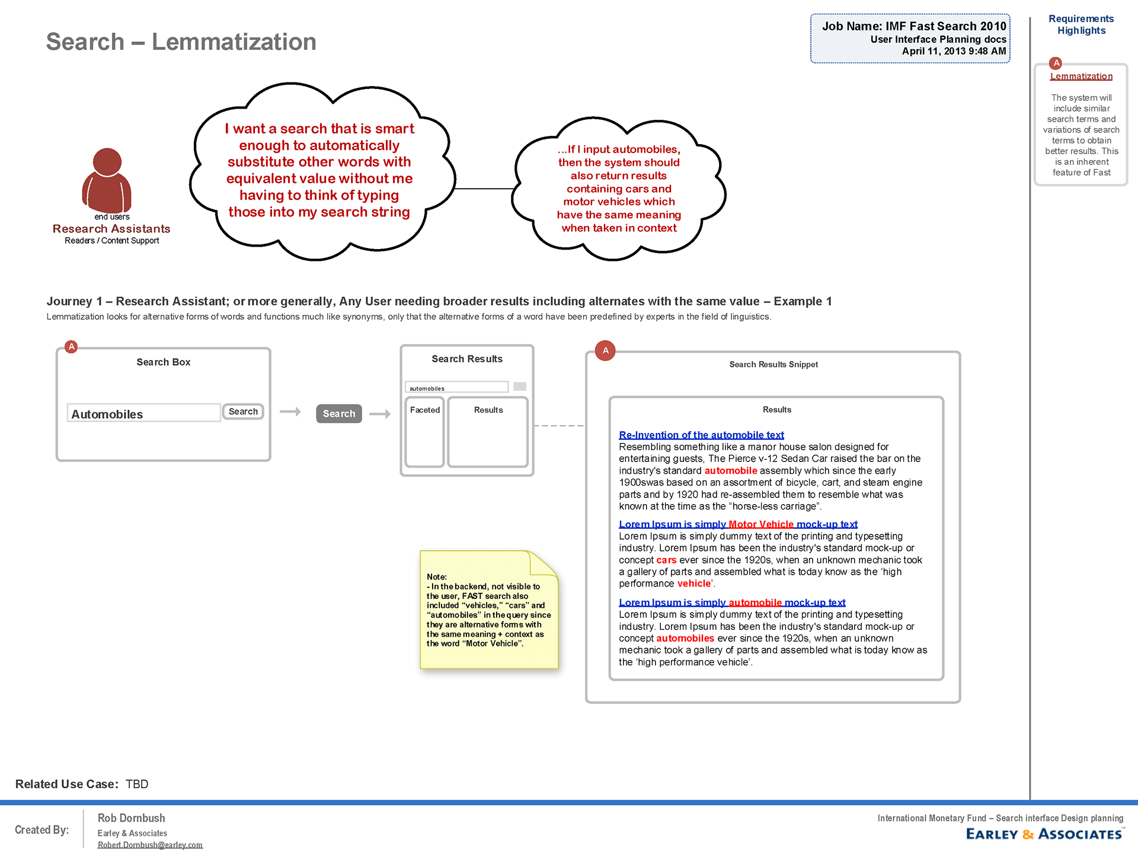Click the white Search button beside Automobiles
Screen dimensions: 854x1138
(x=243, y=412)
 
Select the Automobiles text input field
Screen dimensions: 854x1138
(x=144, y=413)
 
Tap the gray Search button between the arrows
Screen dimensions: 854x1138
(x=339, y=413)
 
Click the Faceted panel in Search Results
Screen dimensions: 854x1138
(x=425, y=432)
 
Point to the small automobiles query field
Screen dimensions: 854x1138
(x=456, y=388)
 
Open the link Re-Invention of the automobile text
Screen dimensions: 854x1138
(x=701, y=435)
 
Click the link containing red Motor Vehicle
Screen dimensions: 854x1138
(x=738, y=524)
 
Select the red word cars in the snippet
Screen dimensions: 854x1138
(x=666, y=560)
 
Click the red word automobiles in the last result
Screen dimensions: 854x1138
(x=685, y=638)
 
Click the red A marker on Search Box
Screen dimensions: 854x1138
(x=71, y=347)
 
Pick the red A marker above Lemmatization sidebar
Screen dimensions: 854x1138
(x=1056, y=63)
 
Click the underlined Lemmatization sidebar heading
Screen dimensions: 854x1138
(x=1081, y=77)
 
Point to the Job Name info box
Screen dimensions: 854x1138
(x=910, y=39)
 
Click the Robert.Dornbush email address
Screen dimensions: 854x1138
(x=150, y=845)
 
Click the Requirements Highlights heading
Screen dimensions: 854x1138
(x=1081, y=25)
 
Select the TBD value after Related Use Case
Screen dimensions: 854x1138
(x=137, y=784)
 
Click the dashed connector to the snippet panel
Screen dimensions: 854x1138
(x=559, y=426)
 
